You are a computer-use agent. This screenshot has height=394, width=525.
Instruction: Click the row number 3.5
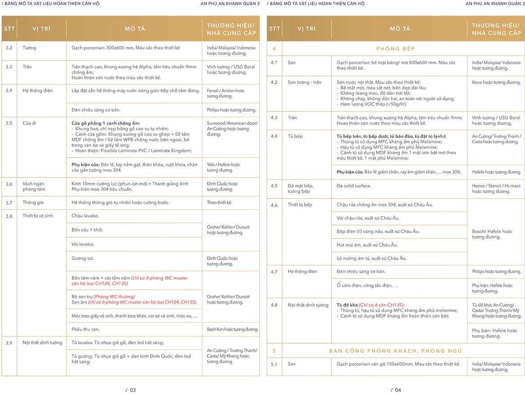(x=9, y=123)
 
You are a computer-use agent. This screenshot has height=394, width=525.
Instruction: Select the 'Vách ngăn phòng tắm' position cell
(x=34, y=186)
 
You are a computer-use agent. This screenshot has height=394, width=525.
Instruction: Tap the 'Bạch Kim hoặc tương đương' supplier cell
(x=232, y=329)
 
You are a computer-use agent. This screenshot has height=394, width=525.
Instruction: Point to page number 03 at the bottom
(x=131, y=390)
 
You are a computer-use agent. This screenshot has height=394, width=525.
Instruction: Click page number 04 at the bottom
(x=396, y=390)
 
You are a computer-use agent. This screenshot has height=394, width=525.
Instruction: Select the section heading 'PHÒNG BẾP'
(x=395, y=49)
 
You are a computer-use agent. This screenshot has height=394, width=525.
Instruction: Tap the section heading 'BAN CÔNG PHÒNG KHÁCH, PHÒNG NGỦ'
(x=395, y=351)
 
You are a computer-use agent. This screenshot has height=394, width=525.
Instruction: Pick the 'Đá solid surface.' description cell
(x=354, y=186)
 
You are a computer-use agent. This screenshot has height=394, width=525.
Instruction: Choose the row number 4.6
(x=274, y=205)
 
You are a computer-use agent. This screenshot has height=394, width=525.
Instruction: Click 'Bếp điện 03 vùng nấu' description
(x=378, y=231)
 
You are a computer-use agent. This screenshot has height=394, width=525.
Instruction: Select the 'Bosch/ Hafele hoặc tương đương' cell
(x=492, y=234)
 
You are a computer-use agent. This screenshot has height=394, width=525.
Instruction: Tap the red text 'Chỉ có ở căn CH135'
(x=382, y=305)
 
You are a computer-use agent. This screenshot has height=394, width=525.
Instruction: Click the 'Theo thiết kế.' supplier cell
(x=219, y=203)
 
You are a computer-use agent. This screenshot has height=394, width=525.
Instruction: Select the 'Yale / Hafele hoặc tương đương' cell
(x=223, y=167)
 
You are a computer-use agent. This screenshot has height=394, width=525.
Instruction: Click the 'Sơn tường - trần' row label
(x=304, y=83)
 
